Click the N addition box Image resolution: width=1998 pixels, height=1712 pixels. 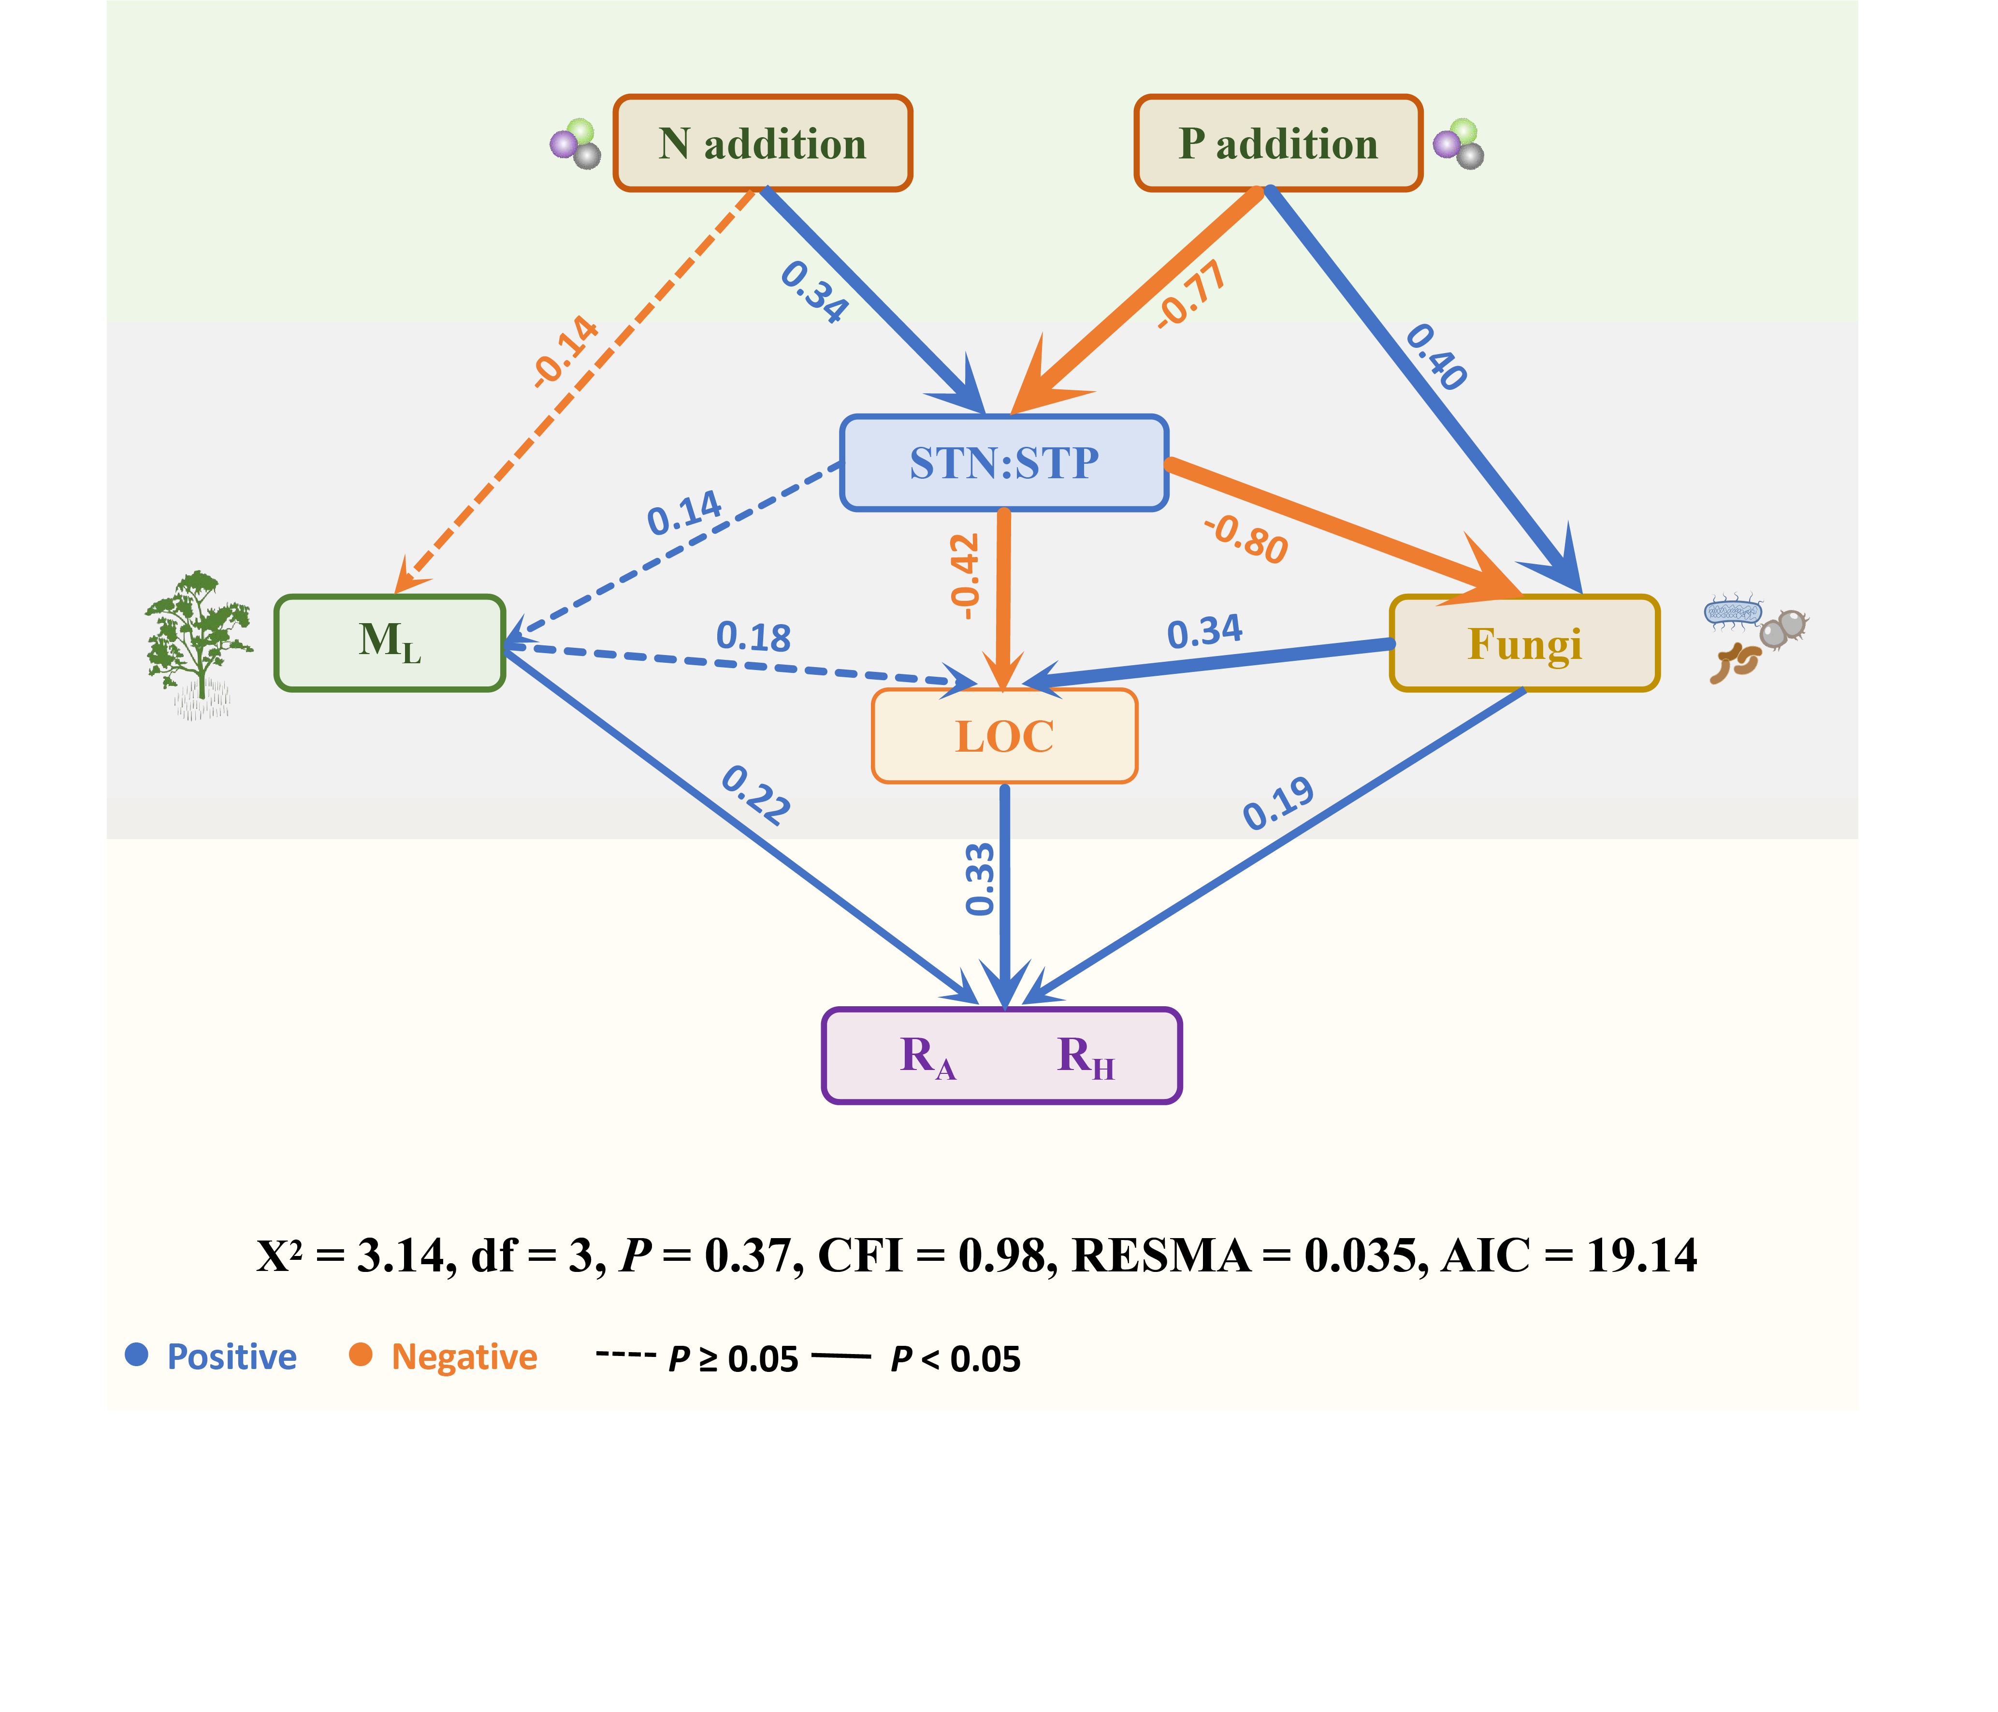point(763,143)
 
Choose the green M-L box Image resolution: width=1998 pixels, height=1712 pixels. point(390,643)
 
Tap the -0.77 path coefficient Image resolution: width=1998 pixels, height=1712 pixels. point(1192,295)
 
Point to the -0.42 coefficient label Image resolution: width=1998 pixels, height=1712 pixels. point(965,576)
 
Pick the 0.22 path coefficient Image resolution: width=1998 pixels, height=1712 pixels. point(756,795)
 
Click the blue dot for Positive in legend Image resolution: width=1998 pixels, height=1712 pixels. point(137,1355)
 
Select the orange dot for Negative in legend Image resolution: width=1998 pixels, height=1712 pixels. point(361,1355)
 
